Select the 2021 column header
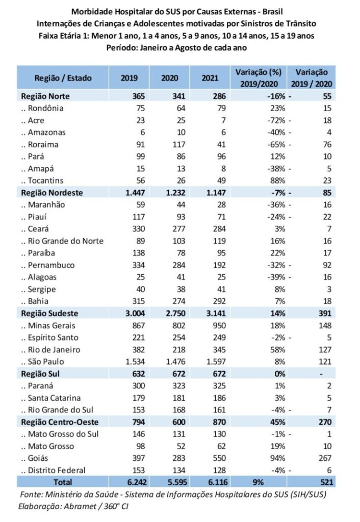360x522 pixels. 210,79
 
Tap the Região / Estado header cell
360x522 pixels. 64,79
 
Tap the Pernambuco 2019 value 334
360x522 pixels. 138,265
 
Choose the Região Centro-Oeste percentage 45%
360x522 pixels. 274,422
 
